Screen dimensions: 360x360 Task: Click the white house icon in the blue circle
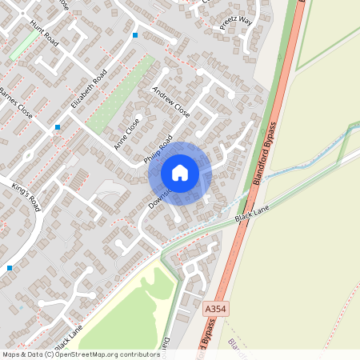pos(180,172)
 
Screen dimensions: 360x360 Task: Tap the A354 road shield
pos(215,307)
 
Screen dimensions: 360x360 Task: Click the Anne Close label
pos(126,134)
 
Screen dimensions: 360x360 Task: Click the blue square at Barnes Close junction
pos(58,127)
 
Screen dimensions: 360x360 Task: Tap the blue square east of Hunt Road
pos(135,35)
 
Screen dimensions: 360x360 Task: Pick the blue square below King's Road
pos(9,267)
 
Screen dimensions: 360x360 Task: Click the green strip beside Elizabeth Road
pos(120,96)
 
